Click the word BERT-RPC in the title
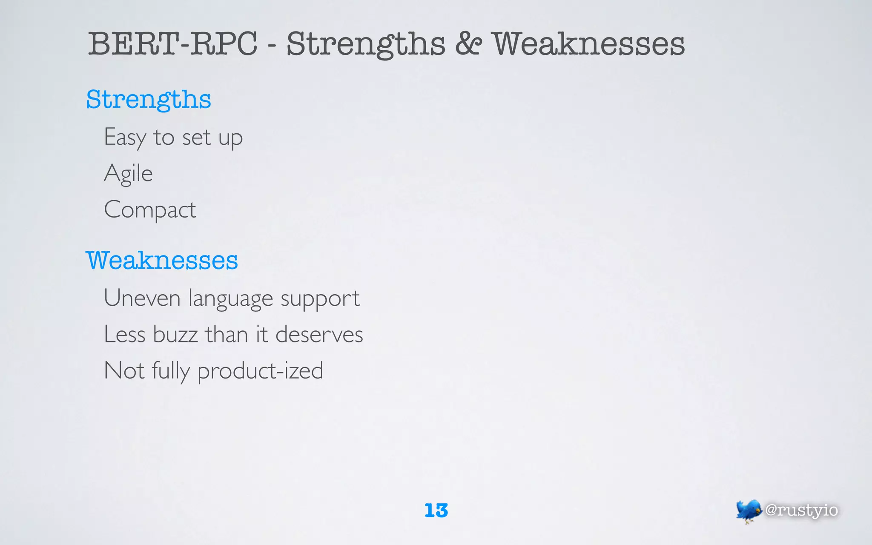tap(172, 44)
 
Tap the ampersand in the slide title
tap(468, 44)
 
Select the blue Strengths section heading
tap(149, 100)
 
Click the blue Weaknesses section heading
tap(162, 261)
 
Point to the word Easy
tap(125, 138)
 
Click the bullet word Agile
tap(128, 174)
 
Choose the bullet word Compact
tap(150, 210)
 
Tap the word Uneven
tap(142, 298)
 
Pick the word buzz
tap(175, 334)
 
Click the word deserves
tap(319, 334)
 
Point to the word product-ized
tap(260, 371)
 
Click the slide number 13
tap(436, 511)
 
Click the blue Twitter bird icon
tap(748, 511)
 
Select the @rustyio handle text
tap(801, 510)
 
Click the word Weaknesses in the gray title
tap(589, 44)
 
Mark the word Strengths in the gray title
tap(366, 45)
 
